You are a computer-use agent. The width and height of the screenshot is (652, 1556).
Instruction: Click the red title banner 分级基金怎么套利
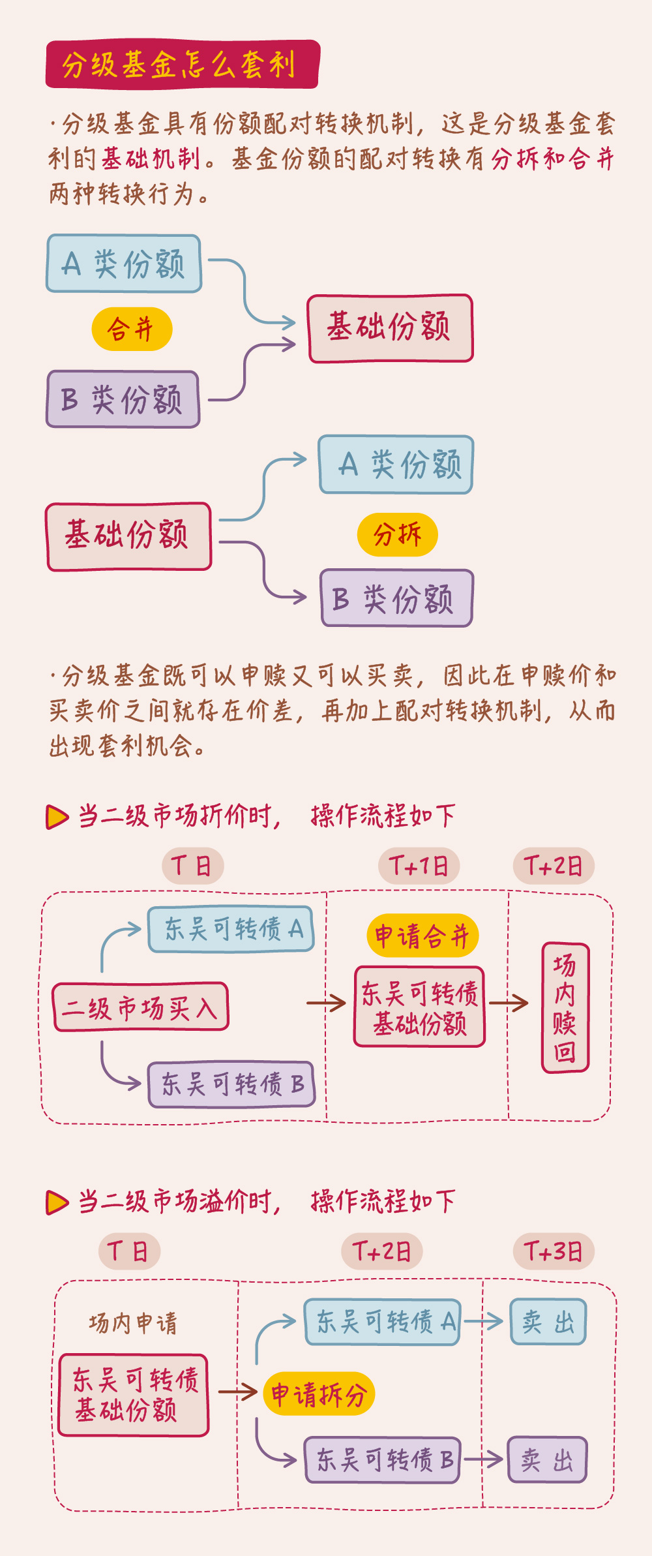tap(182, 65)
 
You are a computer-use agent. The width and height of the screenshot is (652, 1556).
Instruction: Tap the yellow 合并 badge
tap(132, 329)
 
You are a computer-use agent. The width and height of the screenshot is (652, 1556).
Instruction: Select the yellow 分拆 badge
tap(397, 535)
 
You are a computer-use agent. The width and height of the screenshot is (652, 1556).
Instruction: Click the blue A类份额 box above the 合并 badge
tap(124, 264)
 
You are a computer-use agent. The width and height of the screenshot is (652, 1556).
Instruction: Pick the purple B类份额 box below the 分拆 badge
tap(396, 598)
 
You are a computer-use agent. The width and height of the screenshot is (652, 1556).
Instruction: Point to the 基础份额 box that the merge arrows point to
tap(391, 328)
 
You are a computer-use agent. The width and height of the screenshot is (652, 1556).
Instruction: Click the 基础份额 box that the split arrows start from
tap(128, 536)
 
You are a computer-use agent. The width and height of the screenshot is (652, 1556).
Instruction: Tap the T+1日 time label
tap(419, 866)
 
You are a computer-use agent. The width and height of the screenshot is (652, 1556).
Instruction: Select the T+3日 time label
tap(553, 1251)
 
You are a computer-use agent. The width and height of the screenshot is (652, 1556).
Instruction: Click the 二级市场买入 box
tap(140, 1007)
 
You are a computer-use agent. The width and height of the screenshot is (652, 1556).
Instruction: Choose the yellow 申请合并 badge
tap(422, 936)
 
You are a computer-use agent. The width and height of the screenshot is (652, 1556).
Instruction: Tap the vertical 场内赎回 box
tap(565, 1007)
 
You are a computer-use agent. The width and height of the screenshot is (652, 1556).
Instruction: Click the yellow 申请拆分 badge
tap(319, 1394)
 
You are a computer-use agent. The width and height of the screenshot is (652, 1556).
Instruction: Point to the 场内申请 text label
tap(133, 1324)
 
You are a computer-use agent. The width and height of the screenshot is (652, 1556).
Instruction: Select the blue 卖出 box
tap(548, 1322)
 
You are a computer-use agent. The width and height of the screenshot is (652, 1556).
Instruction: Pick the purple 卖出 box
tap(547, 1459)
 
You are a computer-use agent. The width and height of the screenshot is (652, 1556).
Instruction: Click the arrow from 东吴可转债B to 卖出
tap(482, 1459)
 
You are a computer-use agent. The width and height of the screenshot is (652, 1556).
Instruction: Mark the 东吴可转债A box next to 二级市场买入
tap(231, 929)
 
